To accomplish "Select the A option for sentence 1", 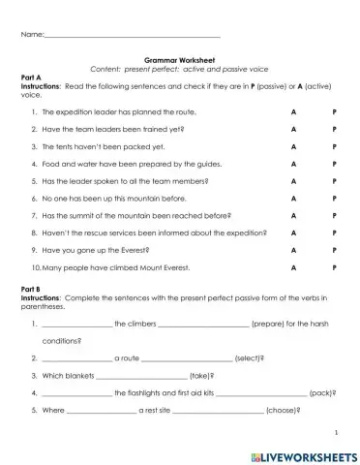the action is pos(292,111).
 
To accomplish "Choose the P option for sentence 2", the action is pos(334,129).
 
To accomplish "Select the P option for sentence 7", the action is pos(334,215).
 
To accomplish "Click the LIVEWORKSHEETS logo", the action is pos(304,453).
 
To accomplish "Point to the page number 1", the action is pos(335,432).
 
